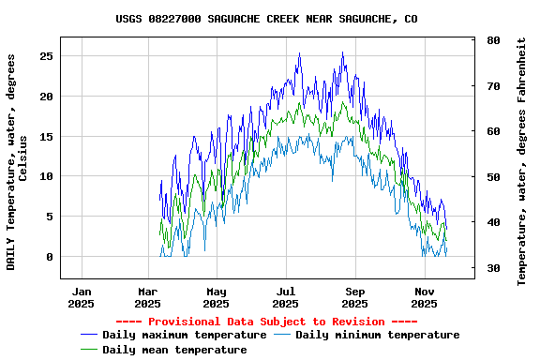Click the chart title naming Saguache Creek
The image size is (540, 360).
pos(267,19)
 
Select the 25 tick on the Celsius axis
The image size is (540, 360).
pos(46,56)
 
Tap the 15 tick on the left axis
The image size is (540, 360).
pos(46,137)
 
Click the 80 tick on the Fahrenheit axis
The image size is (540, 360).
pos(493,41)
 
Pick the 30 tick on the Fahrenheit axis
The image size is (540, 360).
pos(493,269)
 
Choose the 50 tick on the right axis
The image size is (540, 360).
pos(493,178)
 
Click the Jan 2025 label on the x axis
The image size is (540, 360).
pos(82,297)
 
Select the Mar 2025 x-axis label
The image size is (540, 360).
pos(147,297)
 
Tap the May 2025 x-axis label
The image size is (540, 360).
pos(217,297)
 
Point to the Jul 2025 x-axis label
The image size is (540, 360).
pos(286,297)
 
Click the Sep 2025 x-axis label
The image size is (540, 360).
pos(355,297)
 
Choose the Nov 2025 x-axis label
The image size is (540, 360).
pos(425,297)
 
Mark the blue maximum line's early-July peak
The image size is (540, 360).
pos(299,53)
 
